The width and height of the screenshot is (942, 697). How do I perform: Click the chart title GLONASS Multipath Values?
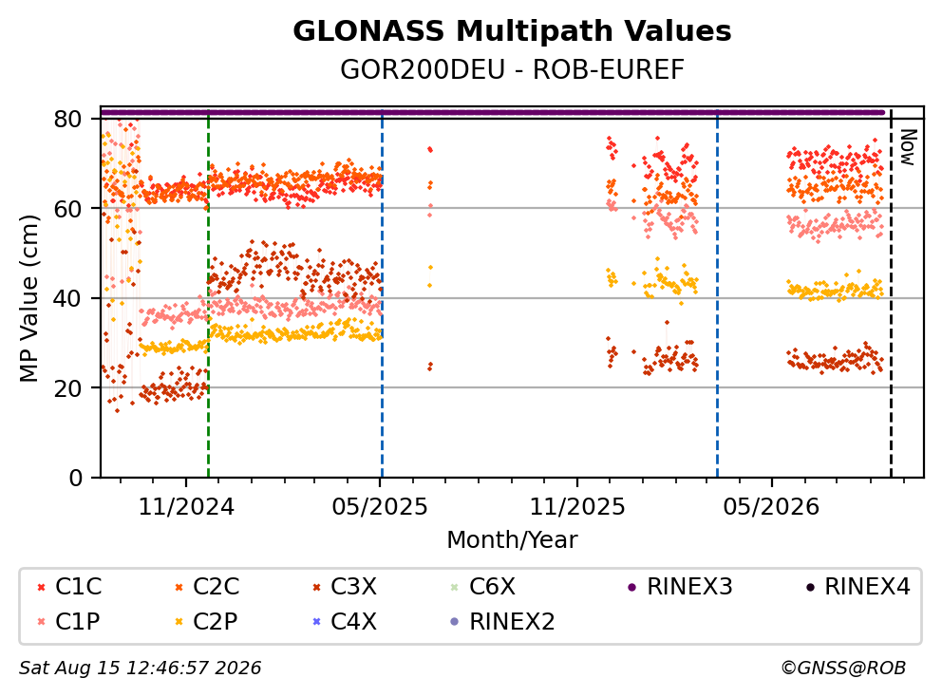coord(512,31)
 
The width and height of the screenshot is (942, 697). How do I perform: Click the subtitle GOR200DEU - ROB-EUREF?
coord(512,69)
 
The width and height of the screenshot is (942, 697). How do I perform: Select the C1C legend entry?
coord(69,587)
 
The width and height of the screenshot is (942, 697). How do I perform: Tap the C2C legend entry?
coord(207,587)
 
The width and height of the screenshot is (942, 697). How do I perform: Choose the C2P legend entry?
coord(205,621)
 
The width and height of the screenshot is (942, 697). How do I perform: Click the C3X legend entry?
coord(345,587)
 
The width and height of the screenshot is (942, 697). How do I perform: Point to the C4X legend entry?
coord(345,621)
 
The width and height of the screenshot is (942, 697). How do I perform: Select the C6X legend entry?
coord(482,587)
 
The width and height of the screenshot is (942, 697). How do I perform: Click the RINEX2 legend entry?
coord(502,621)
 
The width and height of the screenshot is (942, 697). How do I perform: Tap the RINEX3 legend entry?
coord(680,587)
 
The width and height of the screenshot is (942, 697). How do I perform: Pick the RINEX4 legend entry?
coord(857,587)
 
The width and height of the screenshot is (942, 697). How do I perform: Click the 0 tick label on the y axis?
coord(76,478)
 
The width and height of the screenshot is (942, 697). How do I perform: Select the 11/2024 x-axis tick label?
coord(186,507)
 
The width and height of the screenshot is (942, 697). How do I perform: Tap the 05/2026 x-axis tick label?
coord(771,507)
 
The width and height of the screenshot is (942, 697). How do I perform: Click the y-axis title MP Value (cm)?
coord(28,298)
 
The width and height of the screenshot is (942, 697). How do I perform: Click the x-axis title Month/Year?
coord(512,539)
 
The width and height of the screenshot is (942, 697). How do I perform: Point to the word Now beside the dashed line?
coord(909,146)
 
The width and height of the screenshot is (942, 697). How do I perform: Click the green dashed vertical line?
coord(209,294)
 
